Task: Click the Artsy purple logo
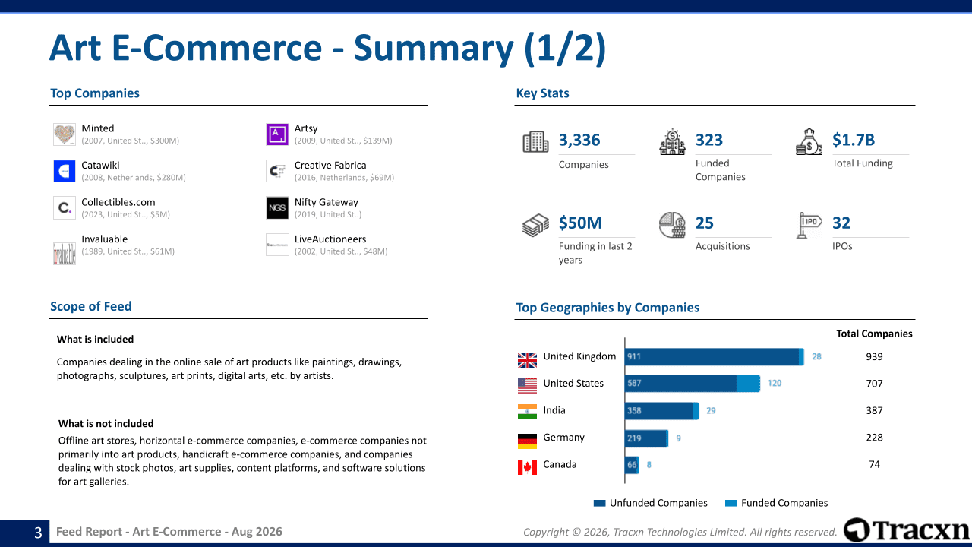click(277, 134)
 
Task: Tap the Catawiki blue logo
click(65, 171)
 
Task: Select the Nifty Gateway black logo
click(277, 208)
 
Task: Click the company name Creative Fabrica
click(330, 166)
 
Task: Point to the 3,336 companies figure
click(579, 140)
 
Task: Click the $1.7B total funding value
click(853, 140)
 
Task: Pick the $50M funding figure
click(580, 223)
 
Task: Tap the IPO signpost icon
click(809, 225)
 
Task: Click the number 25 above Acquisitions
click(704, 223)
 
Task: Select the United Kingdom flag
click(527, 359)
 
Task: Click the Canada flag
click(527, 467)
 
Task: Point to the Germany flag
click(527, 441)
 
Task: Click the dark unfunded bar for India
click(658, 411)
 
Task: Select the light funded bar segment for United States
click(748, 384)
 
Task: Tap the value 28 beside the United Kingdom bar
click(816, 356)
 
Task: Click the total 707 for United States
click(874, 384)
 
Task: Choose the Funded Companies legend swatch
click(731, 503)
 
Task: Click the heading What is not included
click(106, 423)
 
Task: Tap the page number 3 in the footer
click(38, 533)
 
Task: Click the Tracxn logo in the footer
click(907, 530)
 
